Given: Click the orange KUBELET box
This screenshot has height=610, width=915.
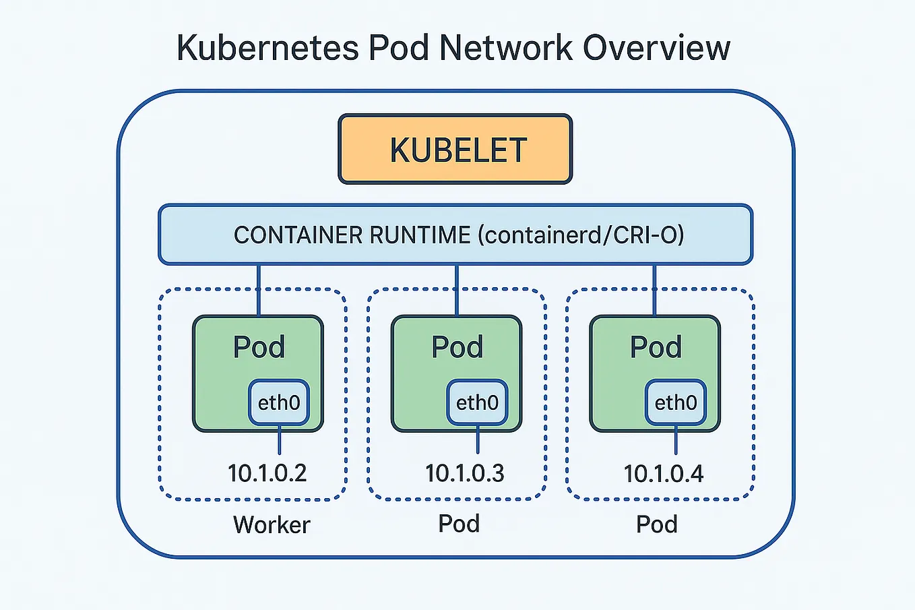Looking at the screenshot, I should [x=455, y=150].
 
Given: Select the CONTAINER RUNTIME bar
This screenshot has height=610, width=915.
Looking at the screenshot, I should [x=455, y=235].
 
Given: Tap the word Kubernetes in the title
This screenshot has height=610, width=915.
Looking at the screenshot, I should [x=267, y=49].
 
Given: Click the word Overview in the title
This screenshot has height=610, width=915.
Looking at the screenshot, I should [x=656, y=49].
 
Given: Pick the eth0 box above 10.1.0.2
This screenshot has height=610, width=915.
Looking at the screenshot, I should [x=279, y=402].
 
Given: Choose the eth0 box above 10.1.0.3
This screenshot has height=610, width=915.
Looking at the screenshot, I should [x=477, y=402].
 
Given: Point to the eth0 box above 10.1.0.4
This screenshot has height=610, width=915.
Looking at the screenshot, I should [x=676, y=402].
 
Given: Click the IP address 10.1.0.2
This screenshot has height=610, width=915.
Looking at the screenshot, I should [x=267, y=473].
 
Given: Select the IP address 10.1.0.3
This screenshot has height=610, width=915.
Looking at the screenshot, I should [x=465, y=473].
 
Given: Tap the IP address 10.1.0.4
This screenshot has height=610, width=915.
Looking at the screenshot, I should [x=664, y=473].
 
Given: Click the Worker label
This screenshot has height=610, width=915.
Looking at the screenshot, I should [x=272, y=524].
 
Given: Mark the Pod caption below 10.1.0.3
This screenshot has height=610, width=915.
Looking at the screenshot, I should [x=459, y=524].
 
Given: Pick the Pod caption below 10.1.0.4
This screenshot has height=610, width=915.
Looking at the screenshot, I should [x=657, y=524].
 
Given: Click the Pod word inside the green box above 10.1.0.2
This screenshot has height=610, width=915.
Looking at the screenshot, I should [x=259, y=347].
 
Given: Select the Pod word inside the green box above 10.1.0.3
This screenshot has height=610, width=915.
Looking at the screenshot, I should [x=458, y=347].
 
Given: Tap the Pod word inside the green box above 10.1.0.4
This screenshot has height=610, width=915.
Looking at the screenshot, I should [x=656, y=347].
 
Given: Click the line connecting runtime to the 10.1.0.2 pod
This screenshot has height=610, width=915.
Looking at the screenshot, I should [x=259, y=290].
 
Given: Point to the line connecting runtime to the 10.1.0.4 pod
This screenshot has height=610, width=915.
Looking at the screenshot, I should [x=654, y=290].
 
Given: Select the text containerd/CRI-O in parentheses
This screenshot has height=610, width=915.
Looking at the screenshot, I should [x=581, y=235].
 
